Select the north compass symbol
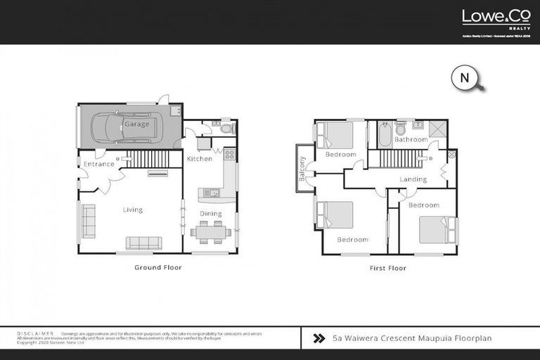[x=465, y=79]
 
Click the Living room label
[x=132, y=210]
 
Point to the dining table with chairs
[x=210, y=231]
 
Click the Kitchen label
[x=199, y=159]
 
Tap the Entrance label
[x=98, y=165]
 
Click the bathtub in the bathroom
[x=385, y=134]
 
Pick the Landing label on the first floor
[x=413, y=179]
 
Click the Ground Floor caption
[x=157, y=268]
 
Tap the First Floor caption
[x=387, y=268]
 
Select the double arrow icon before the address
[x=319, y=338]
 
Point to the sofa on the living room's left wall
[x=89, y=221]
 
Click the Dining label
[x=210, y=214]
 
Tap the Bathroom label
[x=411, y=140]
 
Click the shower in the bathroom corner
[x=437, y=129]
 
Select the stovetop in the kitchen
[x=229, y=153]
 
